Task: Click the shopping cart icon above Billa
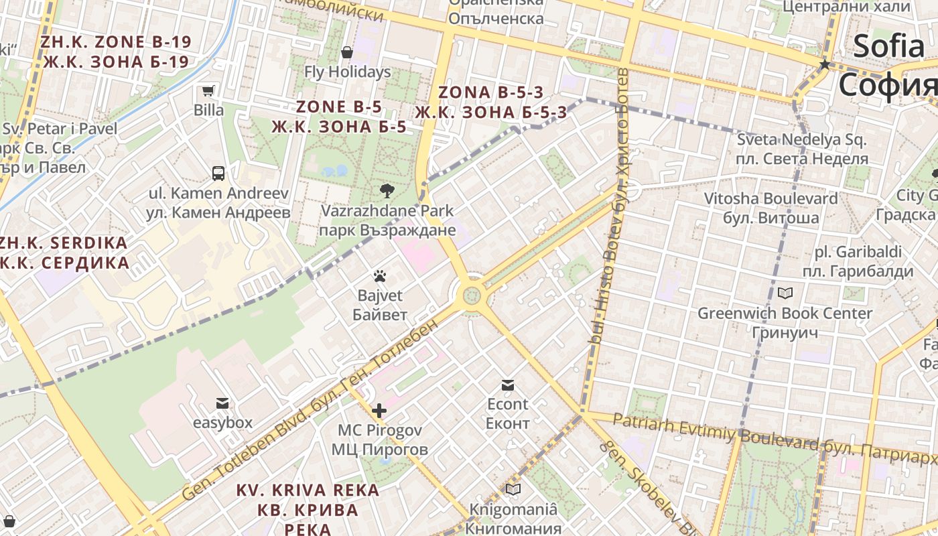[208, 91]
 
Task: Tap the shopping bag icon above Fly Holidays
[347, 52]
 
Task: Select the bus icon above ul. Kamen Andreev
[218, 174]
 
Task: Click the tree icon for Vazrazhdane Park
[387, 191]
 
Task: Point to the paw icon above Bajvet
[380, 276]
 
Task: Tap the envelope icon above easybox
[222, 403]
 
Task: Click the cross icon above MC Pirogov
[379, 410]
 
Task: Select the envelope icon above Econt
[507, 385]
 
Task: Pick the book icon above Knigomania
[513, 490]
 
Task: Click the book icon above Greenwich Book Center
[785, 293]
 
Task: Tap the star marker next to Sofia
[825, 64]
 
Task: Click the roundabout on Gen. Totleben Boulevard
[472, 295]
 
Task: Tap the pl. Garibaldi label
[858, 262]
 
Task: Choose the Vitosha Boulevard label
[770, 208]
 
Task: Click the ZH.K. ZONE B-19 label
[115, 52]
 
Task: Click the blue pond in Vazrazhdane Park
[334, 171]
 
